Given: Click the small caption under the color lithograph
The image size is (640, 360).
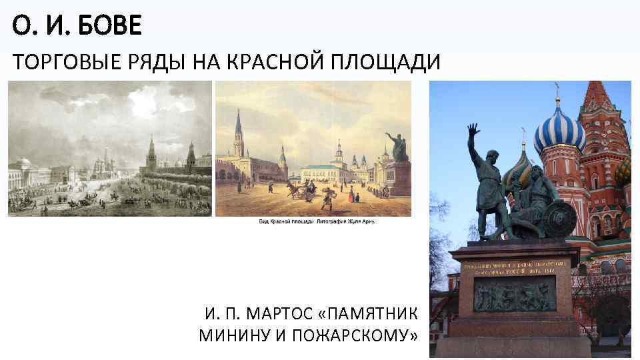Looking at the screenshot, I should point(317,221).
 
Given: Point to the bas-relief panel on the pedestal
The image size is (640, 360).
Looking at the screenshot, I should point(514,294).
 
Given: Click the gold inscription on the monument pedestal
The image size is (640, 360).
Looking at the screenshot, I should point(514,267).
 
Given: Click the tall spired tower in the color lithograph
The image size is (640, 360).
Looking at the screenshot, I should point(239,133).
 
